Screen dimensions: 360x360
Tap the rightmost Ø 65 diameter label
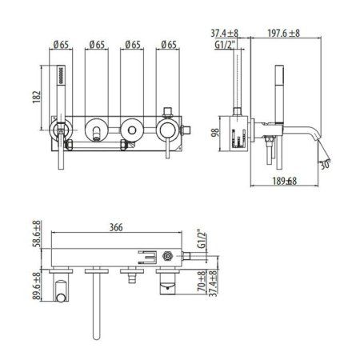169,44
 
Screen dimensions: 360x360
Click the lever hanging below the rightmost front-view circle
170,152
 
